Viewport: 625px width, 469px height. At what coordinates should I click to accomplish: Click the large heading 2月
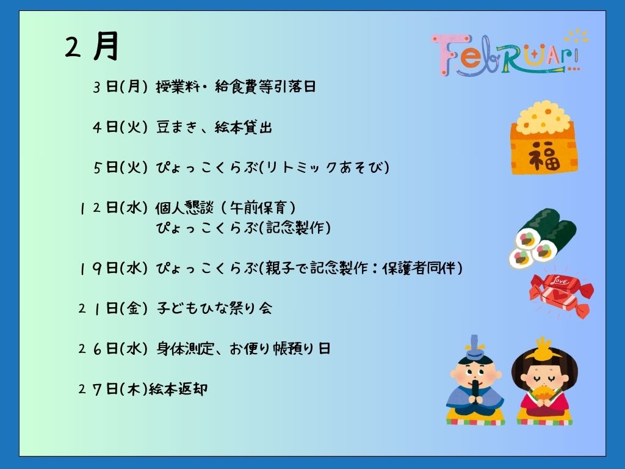[92, 46]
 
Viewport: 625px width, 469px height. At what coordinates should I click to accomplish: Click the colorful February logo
[510, 54]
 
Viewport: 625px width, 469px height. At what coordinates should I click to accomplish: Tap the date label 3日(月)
[120, 87]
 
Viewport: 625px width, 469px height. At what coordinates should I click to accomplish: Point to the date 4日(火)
[120, 127]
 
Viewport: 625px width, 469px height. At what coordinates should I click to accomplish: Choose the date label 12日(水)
[114, 208]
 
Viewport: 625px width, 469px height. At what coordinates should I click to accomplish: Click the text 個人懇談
[184, 208]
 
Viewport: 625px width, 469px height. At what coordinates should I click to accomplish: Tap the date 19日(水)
[114, 268]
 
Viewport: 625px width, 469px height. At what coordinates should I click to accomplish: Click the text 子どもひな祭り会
[214, 308]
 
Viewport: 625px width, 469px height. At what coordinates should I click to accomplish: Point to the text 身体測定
[185, 349]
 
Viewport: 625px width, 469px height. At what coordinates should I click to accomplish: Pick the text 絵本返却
[178, 389]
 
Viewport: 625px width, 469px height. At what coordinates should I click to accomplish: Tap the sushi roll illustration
[543, 238]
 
